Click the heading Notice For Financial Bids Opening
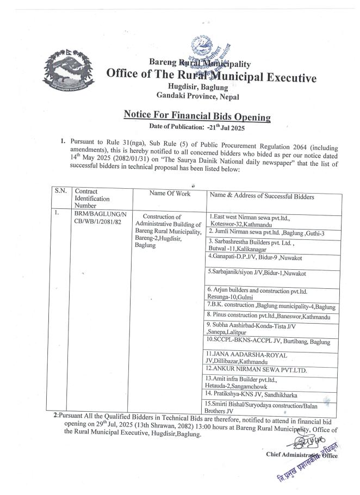click(196, 116)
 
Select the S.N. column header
click(60, 191)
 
